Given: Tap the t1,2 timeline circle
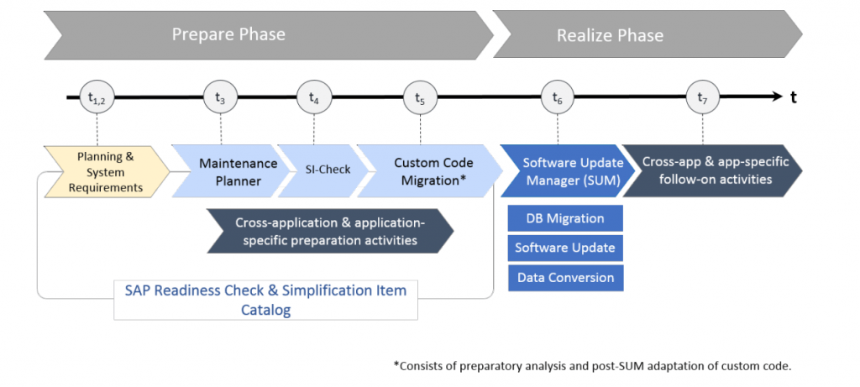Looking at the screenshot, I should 97,98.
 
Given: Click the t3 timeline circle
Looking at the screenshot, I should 220,98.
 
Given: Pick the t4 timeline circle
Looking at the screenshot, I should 314,98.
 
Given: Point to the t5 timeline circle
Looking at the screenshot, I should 420,98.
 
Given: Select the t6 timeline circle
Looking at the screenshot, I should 558,98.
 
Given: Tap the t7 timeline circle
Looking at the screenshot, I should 702,98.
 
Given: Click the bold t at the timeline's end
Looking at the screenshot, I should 793,98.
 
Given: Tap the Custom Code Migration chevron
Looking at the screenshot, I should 428,170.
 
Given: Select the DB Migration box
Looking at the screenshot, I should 565,218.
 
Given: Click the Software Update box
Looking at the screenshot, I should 565,248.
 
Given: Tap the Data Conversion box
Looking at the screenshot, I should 565,277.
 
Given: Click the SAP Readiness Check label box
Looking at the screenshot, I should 265,300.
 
